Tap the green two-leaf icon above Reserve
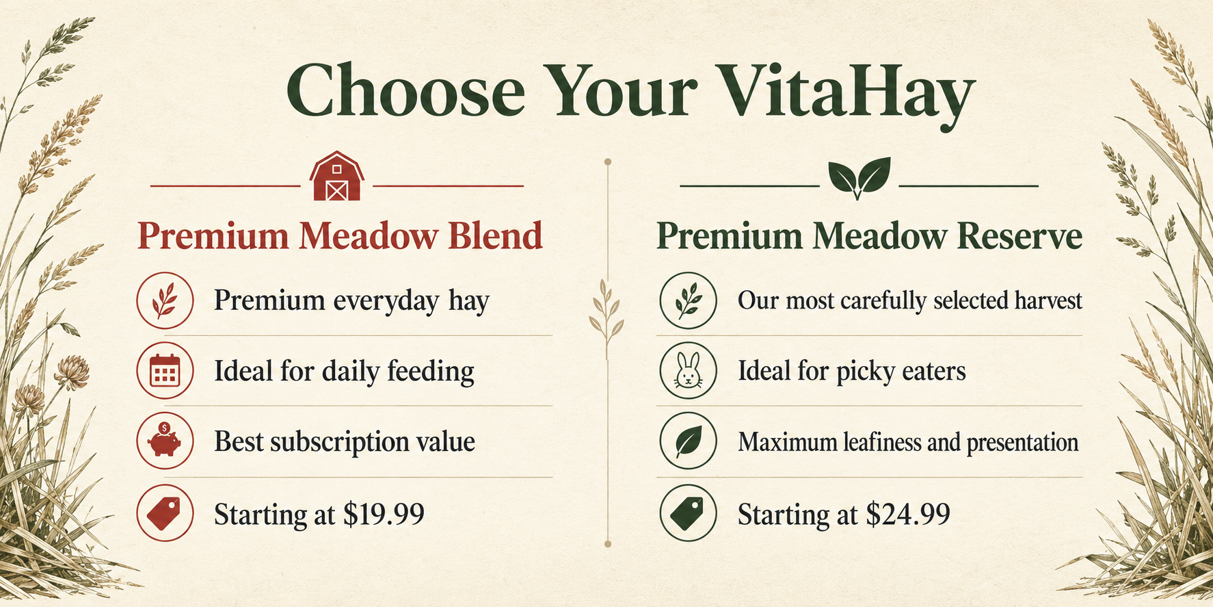click(859, 178)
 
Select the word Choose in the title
click(405, 91)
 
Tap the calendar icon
click(165, 371)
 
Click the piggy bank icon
click(165, 441)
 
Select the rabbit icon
click(688, 371)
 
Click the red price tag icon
click(165, 513)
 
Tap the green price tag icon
click(688, 513)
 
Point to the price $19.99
click(384, 513)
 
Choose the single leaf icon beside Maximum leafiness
click(688, 441)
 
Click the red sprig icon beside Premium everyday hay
click(165, 300)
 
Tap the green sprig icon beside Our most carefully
click(688, 300)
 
